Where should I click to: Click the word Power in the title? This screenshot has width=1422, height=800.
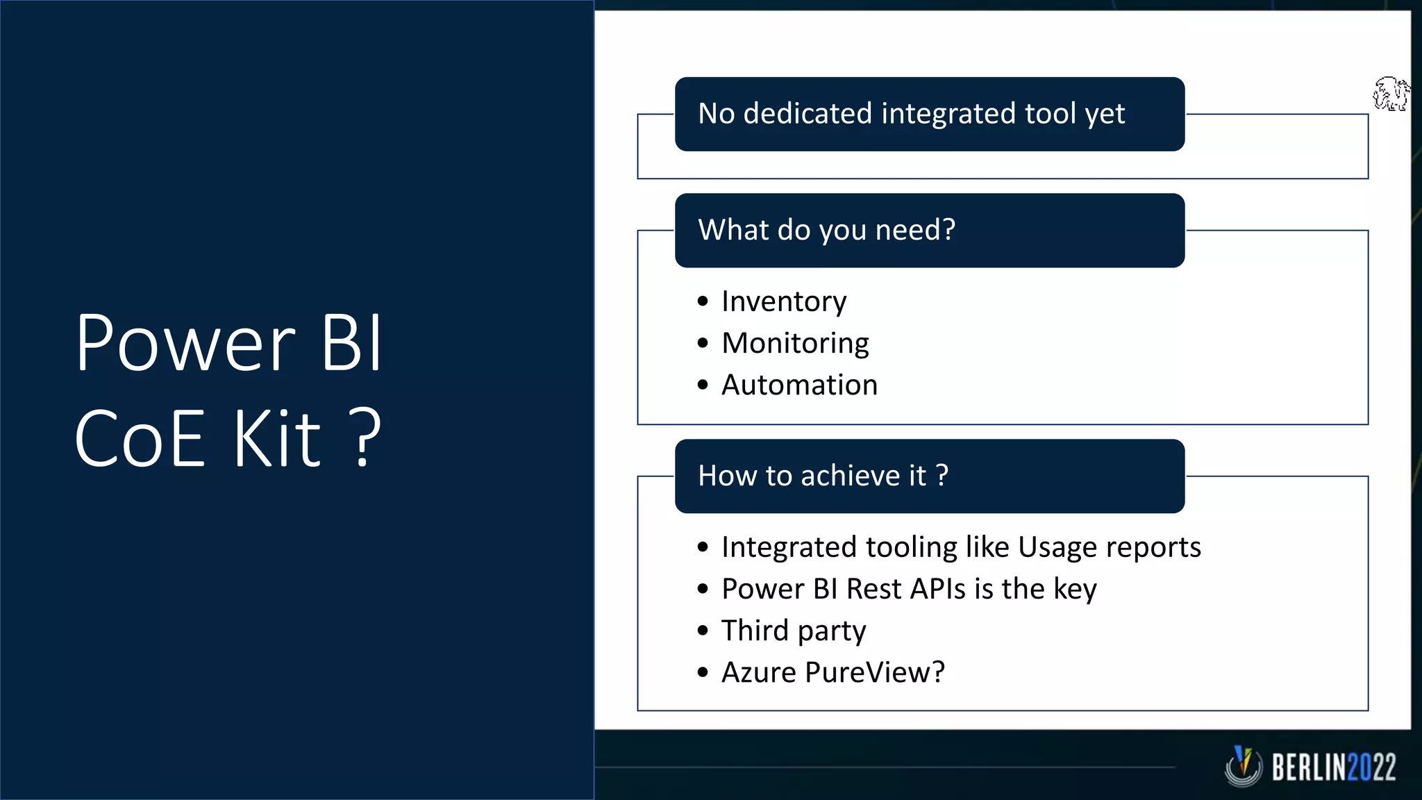(x=186, y=344)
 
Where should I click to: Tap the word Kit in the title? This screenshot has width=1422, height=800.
(x=276, y=439)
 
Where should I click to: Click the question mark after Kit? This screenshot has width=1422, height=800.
(x=365, y=439)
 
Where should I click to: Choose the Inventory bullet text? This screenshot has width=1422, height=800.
(x=784, y=301)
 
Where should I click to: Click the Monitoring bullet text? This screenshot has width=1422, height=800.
(x=795, y=343)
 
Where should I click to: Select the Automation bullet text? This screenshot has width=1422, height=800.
(x=799, y=385)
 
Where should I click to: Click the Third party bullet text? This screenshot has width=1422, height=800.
(x=794, y=631)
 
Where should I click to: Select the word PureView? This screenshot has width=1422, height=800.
(x=875, y=672)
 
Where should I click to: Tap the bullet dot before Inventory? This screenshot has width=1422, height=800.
(x=703, y=301)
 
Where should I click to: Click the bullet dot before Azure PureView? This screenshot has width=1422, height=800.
(x=703, y=672)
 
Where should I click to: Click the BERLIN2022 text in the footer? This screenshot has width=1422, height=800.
(x=1333, y=768)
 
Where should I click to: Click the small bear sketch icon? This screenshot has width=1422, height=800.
(x=1391, y=94)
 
